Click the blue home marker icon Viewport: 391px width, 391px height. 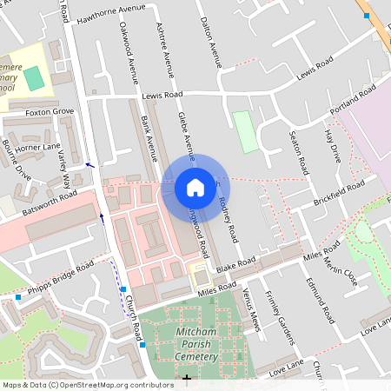(195, 187)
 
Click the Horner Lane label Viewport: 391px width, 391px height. (37, 149)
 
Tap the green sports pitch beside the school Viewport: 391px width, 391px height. (33, 78)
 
